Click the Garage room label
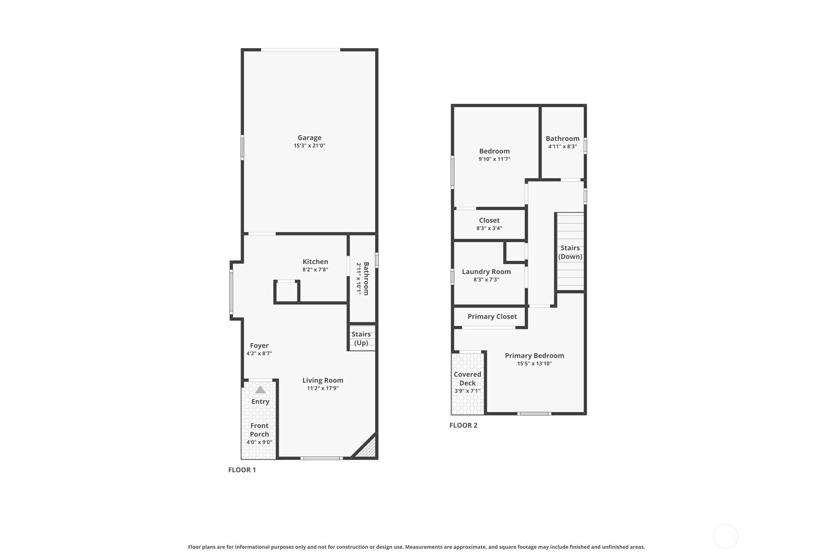pos(309,137)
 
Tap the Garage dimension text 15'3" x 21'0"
pos(309,146)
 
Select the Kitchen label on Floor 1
pos(315,262)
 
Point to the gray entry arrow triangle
pos(260,390)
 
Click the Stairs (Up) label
pos(361,338)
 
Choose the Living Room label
pos(323,380)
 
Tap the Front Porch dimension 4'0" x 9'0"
pos(259,442)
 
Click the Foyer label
pos(259,346)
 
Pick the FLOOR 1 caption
pos(242,470)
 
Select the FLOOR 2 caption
pos(463,425)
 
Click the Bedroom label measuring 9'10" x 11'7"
pos(494,151)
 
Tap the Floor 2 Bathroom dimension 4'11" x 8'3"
pos(563,146)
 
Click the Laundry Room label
pos(486,272)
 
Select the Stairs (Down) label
pos(570,252)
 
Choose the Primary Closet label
pos(492,317)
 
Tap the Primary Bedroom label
pos(535,356)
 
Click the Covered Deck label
pos(467,378)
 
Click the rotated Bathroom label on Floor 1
pos(366,279)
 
